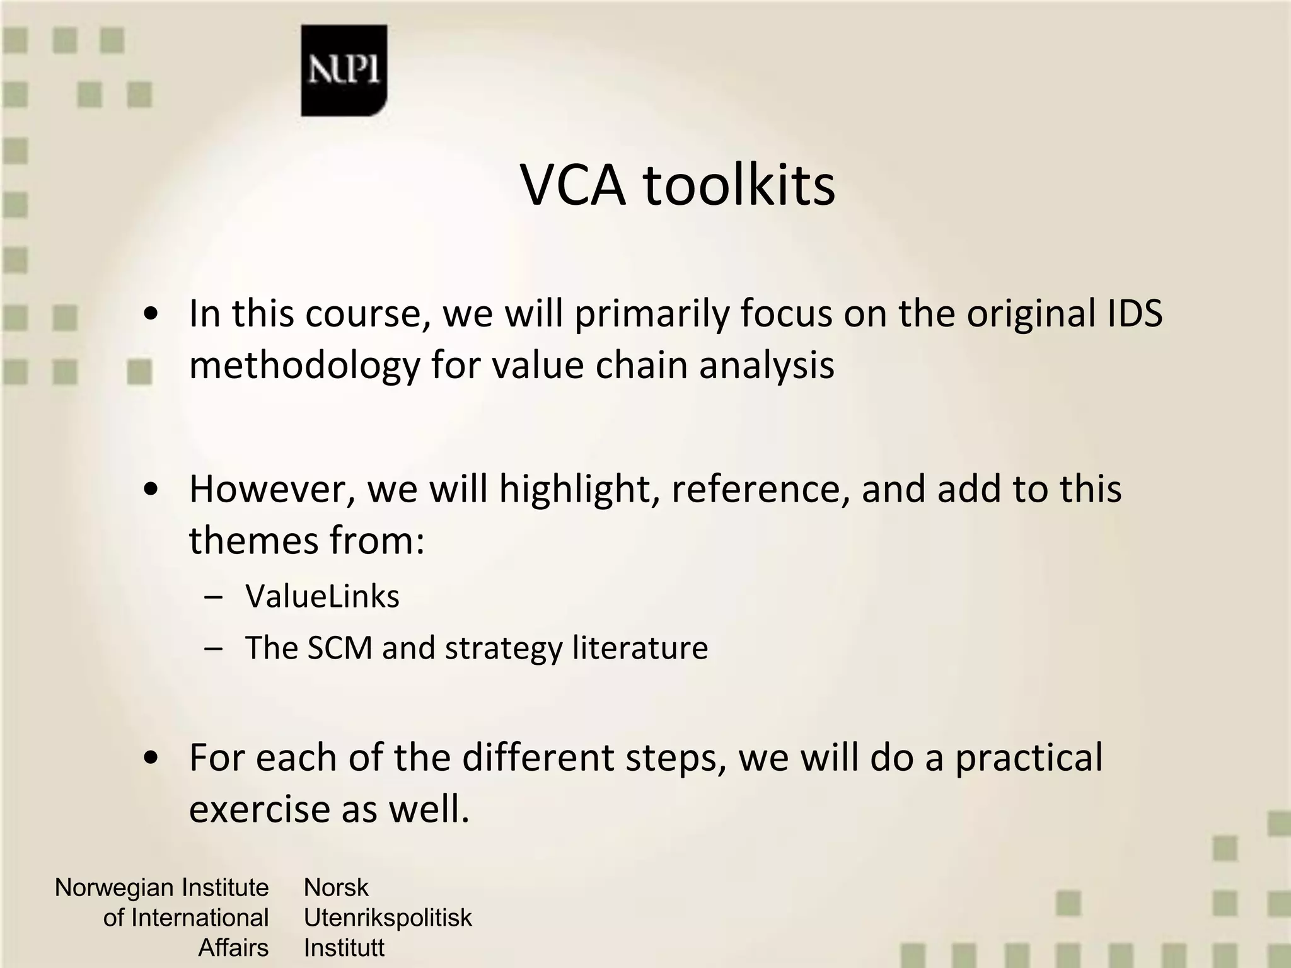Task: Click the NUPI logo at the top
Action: (344, 71)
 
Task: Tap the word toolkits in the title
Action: (739, 185)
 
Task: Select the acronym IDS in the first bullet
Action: (1135, 313)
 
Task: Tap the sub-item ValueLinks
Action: (322, 596)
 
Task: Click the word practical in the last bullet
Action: (1029, 758)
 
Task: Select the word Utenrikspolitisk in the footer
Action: (387, 918)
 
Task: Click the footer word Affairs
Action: (233, 948)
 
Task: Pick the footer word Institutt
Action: (344, 948)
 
